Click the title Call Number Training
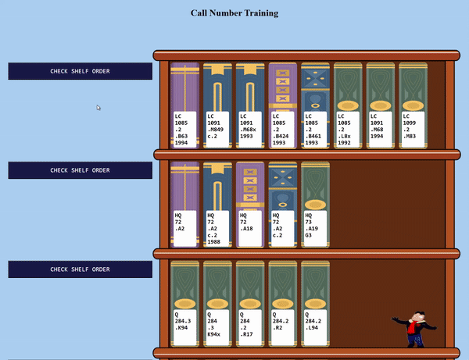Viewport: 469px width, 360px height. (x=234, y=12)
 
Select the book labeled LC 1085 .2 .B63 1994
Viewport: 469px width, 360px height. (x=184, y=105)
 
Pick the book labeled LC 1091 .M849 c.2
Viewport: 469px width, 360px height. (x=217, y=105)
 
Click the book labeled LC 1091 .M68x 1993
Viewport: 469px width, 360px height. (x=250, y=105)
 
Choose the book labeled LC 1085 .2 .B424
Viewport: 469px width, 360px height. (x=282, y=105)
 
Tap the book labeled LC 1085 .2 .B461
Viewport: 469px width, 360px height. (x=315, y=105)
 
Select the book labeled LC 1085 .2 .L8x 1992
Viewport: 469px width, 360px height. (x=348, y=105)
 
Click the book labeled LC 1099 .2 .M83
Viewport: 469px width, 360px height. (x=413, y=105)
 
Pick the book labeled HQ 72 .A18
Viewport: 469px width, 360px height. (x=250, y=205)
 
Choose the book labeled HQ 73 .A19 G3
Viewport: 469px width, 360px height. (x=315, y=205)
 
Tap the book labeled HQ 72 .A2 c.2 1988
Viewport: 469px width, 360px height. (x=217, y=205)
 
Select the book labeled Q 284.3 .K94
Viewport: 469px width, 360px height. (x=184, y=305)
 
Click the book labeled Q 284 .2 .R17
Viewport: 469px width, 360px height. (x=250, y=305)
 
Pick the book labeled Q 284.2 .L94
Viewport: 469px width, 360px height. (x=315, y=305)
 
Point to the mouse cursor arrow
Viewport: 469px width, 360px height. (x=98, y=108)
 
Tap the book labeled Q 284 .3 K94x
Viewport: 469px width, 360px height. (x=217, y=305)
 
